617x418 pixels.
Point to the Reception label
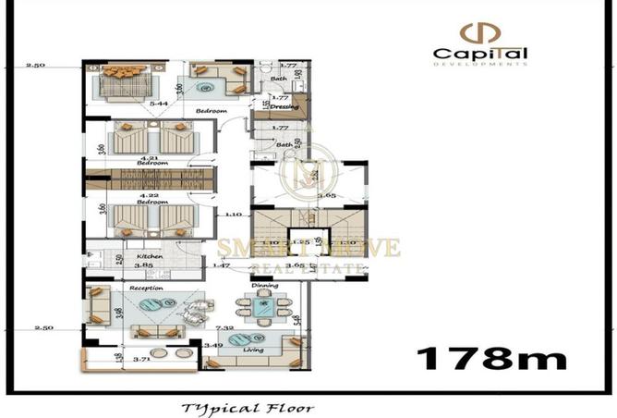[x=146, y=288]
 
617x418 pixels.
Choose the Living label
[x=254, y=350]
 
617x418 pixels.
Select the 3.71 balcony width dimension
[x=141, y=359]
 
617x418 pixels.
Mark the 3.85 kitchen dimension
[x=144, y=265]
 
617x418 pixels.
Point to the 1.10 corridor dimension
[x=234, y=215]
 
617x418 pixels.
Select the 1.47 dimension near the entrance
[x=220, y=265]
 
